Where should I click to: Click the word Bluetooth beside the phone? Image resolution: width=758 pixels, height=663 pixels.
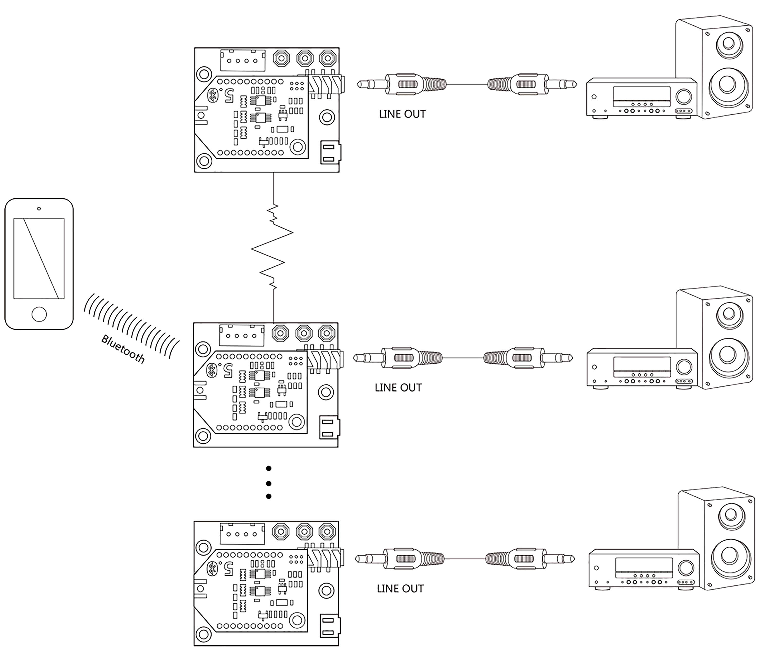[123, 349]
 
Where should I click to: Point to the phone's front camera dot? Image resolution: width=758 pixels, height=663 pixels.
[39, 209]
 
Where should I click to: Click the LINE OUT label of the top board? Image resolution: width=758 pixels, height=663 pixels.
[402, 114]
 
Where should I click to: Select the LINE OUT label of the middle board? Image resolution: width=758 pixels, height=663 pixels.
[398, 387]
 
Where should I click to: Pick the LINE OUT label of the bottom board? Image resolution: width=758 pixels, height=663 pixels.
[400, 589]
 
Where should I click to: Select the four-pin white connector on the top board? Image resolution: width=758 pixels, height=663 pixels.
[243, 60]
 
